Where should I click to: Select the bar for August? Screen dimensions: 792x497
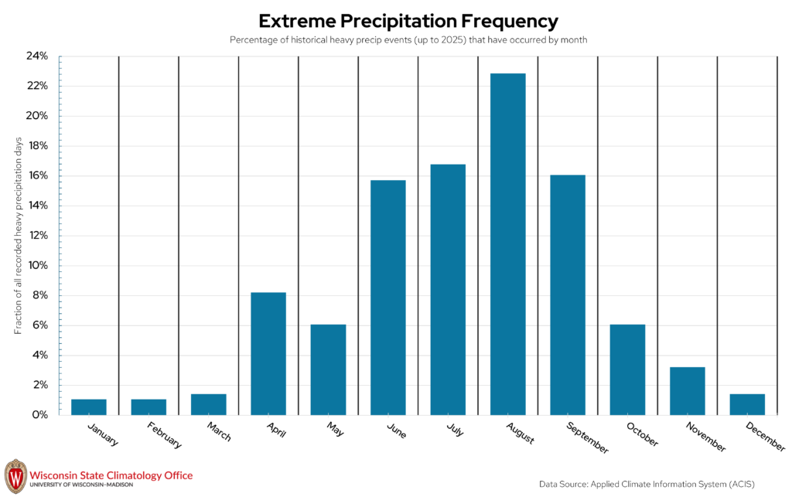pyautogui.click(x=507, y=244)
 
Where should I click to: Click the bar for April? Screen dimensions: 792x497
pyautogui.click(x=268, y=354)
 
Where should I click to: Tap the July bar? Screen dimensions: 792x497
pyautogui.click(x=448, y=290)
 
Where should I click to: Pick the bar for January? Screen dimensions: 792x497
pyautogui.click(x=89, y=407)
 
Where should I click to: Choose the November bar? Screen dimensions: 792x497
pyautogui.click(x=688, y=391)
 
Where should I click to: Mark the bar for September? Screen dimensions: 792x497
pyautogui.click(x=568, y=295)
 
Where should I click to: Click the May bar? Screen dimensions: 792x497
pyautogui.click(x=328, y=369)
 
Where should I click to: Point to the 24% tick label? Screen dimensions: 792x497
pyautogui.click(x=37, y=56)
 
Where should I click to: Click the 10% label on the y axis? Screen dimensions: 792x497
pyautogui.click(x=37, y=265)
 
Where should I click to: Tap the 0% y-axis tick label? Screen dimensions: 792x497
pyautogui.click(x=39, y=415)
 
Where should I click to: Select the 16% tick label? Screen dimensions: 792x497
pyautogui.click(x=37, y=175)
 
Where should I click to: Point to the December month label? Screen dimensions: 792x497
pyautogui.click(x=765, y=437)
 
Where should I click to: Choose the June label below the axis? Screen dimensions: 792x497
pyautogui.click(x=397, y=431)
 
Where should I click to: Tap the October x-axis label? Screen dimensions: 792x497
pyautogui.click(x=643, y=434)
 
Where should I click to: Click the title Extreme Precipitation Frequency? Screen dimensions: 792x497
pyautogui.click(x=408, y=21)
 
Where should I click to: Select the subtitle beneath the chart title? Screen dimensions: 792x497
pyautogui.click(x=408, y=40)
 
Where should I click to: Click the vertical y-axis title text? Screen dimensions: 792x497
pyautogui.click(x=19, y=236)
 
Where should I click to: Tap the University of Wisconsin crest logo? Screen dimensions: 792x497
pyautogui.click(x=15, y=476)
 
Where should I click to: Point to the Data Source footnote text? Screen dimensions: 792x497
pyautogui.click(x=647, y=485)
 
